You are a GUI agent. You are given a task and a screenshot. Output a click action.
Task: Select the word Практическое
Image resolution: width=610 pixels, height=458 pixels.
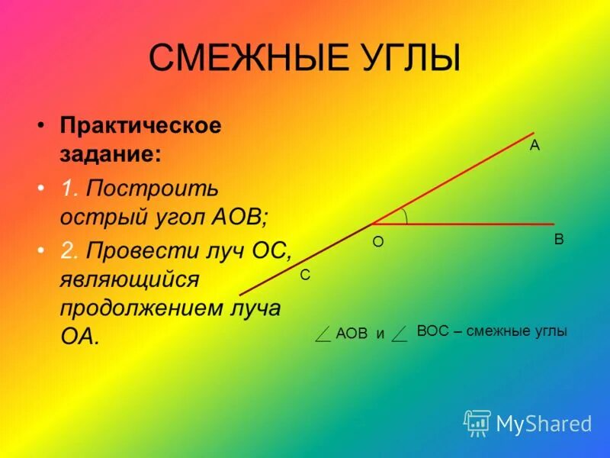[141, 125]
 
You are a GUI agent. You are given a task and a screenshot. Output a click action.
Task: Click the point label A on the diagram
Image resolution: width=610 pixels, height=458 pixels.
[535, 146]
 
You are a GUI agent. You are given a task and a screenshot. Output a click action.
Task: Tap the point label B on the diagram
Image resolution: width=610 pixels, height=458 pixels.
[559, 240]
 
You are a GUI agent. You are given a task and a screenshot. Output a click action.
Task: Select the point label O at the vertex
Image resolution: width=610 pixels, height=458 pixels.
[377, 242]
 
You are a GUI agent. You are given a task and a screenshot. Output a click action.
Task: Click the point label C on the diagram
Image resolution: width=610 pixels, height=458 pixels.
[305, 276]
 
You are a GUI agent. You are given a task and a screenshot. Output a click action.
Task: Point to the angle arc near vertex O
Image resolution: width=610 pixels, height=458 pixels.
[405, 216]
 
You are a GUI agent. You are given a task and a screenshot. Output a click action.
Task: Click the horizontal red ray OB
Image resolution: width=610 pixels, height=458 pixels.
[473, 224]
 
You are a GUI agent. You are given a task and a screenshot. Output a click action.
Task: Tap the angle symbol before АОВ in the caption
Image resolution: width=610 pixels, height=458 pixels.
[323, 333]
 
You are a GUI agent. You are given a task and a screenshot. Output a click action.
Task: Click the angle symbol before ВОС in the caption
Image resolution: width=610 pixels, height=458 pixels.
[400, 333]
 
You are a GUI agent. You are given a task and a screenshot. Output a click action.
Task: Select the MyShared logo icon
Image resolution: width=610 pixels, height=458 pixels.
[477, 422]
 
